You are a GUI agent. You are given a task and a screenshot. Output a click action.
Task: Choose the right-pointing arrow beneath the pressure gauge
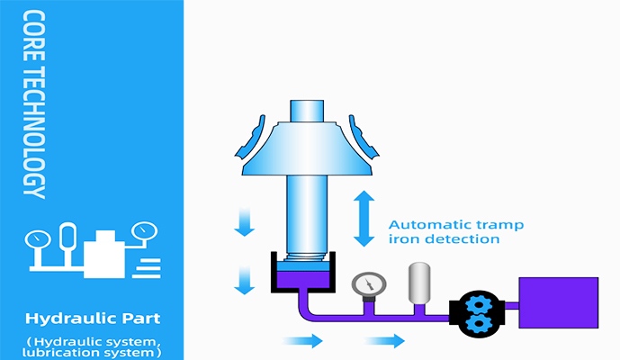coord(384,340)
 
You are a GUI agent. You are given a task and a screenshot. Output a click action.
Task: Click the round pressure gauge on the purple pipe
coord(365,283)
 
